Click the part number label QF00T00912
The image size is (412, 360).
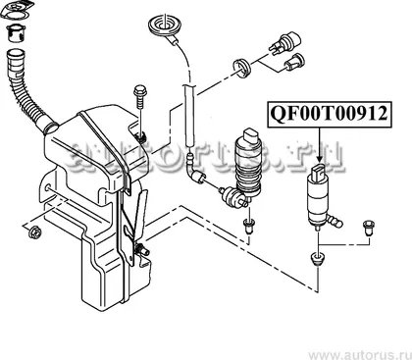[x=329, y=114]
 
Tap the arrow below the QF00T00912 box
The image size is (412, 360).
[x=320, y=145]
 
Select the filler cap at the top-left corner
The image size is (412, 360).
[x=18, y=10]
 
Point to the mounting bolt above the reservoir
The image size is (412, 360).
[x=140, y=98]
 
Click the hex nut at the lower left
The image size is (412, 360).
[x=34, y=232]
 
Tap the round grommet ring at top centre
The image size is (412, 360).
[x=164, y=26]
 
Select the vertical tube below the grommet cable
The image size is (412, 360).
[x=189, y=115]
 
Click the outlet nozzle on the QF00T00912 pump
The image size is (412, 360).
[x=335, y=221]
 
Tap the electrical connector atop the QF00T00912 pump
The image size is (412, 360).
[x=319, y=172]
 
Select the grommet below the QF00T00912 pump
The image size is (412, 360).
[x=317, y=258]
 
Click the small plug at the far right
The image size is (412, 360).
[x=369, y=229]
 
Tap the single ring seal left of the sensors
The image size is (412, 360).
[x=242, y=69]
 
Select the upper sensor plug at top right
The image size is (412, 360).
[x=285, y=42]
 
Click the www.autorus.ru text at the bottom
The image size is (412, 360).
[x=360, y=354]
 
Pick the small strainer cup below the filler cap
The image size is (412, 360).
[x=16, y=33]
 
